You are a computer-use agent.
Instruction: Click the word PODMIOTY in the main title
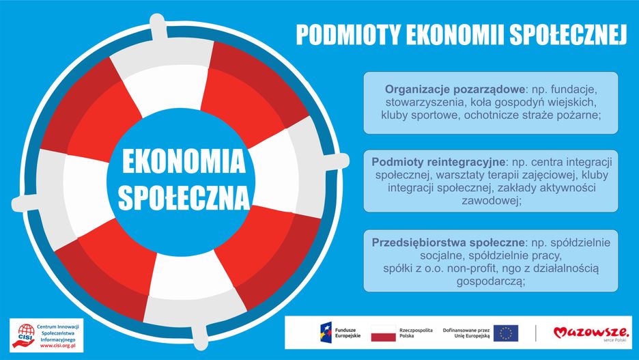tap(348, 35)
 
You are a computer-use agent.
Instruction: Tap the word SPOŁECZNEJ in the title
tap(568, 35)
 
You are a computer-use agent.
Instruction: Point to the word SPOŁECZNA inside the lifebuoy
tap(184, 197)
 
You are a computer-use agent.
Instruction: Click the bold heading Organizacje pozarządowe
tap(455, 89)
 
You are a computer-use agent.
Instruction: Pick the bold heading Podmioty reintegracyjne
tap(438, 163)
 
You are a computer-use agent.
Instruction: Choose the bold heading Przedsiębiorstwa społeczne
tap(449, 243)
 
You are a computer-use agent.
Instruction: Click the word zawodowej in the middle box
tap(491, 201)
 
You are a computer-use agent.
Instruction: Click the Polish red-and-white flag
tap(383, 333)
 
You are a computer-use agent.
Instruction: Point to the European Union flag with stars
tap(506, 333)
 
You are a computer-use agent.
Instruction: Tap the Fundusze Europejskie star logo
tap(326, 333)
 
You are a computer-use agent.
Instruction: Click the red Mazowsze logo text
tap(591, 332)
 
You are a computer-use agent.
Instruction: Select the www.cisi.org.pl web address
tap(58, 346)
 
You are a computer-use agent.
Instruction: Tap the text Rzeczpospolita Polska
tap(416, 333)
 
